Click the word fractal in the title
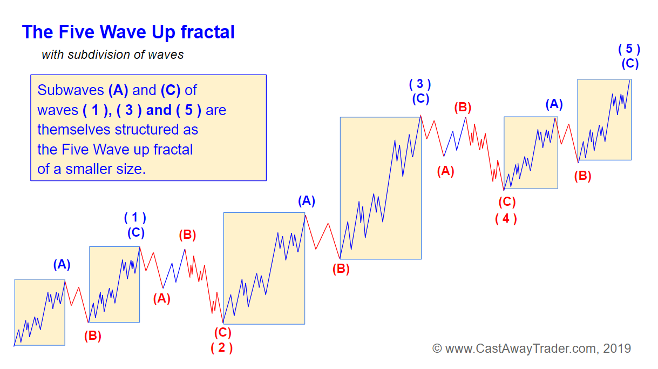207,32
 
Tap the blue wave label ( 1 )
135,218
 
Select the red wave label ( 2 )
222,348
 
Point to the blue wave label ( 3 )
420,84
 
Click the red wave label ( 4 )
506,219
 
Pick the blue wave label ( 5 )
629,49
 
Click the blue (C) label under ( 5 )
630,64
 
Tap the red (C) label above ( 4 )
507,202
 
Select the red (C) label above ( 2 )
223,333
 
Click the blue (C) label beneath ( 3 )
420,99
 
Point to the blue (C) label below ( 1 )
136,233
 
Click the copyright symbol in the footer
437,348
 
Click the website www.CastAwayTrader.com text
521,348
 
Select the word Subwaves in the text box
71,90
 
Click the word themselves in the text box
74,130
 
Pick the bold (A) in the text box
118,90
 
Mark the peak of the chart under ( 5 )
630,80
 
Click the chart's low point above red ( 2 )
223,322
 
